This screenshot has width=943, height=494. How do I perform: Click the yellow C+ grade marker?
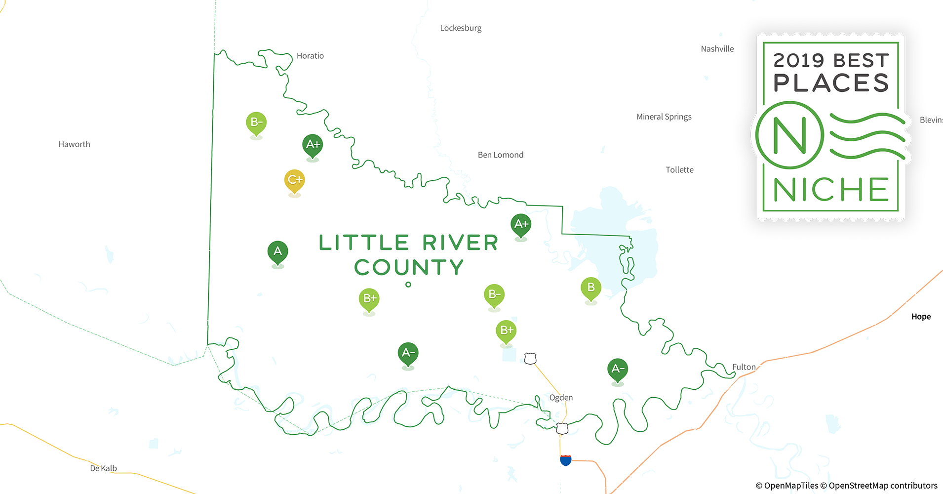click(294, 180)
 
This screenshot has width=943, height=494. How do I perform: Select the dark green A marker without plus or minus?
click(277, 251)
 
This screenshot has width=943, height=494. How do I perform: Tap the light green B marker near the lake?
click(590, 288)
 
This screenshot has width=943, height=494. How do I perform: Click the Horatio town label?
click(310, 56)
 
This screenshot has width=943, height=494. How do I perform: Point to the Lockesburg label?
click(461, 28)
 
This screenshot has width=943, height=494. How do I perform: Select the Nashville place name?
click(717, 49)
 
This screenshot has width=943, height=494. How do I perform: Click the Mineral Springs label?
click(664, 117)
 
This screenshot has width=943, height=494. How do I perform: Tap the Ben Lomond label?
click(500, 155)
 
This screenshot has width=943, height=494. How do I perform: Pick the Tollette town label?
click(679, 170)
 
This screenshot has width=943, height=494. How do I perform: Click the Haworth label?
click(74, 144)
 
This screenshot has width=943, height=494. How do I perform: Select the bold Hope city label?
click(921, 317)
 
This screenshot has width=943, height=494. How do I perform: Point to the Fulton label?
click(744, 367)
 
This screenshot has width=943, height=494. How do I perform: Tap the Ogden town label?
click(561, 398)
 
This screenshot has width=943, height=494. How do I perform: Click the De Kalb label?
click(103, 468)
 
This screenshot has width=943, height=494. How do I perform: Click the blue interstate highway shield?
click(565, 460)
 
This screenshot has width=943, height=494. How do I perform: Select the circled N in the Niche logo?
click(789, 135)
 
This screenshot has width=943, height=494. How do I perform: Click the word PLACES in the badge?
click(831, 83)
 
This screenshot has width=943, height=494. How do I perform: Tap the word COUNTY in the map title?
click(408, 268)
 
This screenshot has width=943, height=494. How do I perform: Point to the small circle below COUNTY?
click(408, 285)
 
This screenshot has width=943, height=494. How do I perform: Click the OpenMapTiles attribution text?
click(786, 486)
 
